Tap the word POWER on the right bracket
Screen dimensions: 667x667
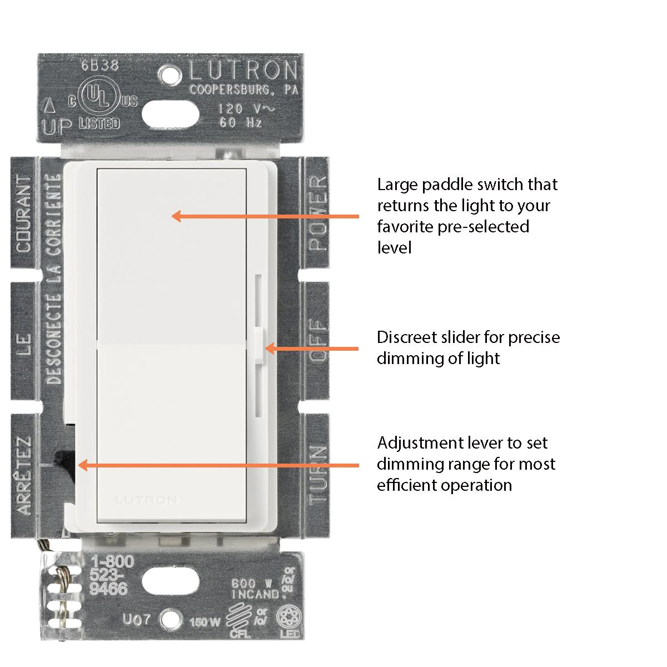click(318, 213)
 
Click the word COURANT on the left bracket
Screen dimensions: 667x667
click(24, 213)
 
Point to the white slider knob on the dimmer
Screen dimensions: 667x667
click(259, 347)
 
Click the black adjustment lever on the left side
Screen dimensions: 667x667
click(62, 459)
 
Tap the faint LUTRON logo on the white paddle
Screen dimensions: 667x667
click(147, 500)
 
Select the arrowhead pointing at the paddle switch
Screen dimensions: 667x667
click(176, 216)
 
